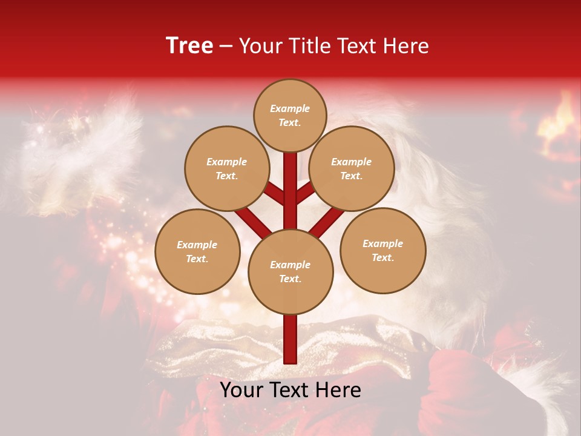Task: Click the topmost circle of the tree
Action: coord(290,116)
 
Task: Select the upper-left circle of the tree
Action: coord(226,169)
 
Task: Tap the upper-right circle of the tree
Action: coord(352,169)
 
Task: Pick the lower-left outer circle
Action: coord(197,252)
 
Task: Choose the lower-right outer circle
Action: coord(382,251)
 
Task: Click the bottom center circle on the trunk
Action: coord(290,272)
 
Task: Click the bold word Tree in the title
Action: coord(189,45)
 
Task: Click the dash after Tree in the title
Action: coord(226,47)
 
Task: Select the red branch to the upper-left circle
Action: coord(274,194)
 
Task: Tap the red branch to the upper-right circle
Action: coord(306,193)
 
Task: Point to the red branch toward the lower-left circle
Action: coord(252,222)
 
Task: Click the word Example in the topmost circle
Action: coord(290,109)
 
